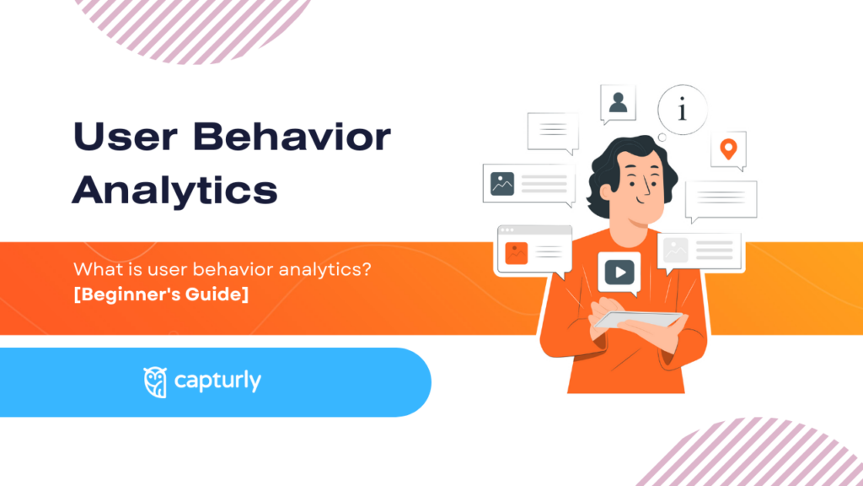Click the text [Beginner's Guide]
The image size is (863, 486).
click(x=161, y=296)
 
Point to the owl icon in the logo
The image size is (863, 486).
click(x=155, y=381)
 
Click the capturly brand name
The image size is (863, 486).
click(x=217, y=381)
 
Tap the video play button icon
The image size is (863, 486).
click(x=619, y=272)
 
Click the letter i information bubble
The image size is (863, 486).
click(x=683, y=111)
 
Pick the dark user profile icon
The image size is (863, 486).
click(x=618, y=103)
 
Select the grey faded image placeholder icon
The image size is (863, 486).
click(x=676, y=250)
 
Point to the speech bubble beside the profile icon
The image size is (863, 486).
click(x=553, y=132)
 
